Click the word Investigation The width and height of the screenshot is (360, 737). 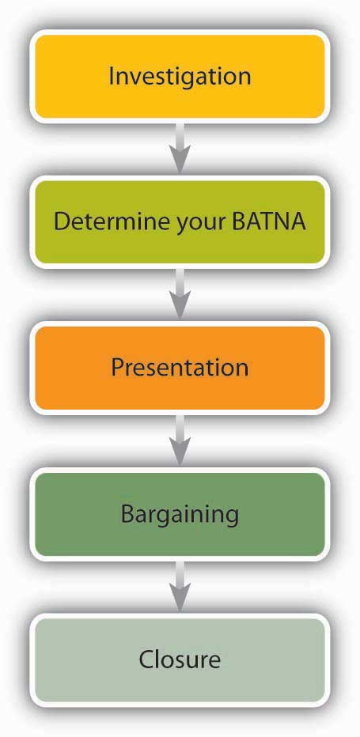pos(180,76)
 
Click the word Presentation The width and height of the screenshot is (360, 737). pos(180,367)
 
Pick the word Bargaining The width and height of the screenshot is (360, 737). pos(180,514)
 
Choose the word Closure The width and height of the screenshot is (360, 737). pos(180,659)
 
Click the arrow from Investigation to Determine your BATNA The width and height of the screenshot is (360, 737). pos(180,147)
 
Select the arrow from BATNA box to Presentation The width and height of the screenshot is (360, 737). pos(180,293)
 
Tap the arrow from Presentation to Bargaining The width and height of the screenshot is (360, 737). pos(180,440)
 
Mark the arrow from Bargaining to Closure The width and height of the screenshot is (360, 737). pos(180,586)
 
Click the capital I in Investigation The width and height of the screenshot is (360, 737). pos(111,76)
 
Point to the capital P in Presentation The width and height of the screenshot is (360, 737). pos(117,367)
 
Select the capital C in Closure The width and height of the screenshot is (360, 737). pos(147,659)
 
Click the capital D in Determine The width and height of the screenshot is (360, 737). pos(62,221)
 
